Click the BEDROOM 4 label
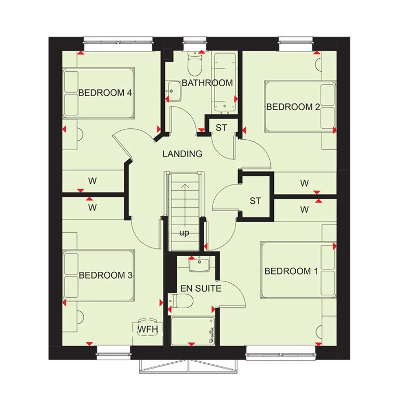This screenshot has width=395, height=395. pyautogui.click(x=104, y=93)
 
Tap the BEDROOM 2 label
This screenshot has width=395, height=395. pyautogui.click(x=293, y=107)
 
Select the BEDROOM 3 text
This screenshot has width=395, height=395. pyautogui.click(x=106, y=275)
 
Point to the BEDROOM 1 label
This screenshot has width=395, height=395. pyautogui.click(x=291, y=271)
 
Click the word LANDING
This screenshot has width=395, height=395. pyautogui.click(x=182, y=154)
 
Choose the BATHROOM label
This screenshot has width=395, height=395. pyautogui.click(x=207, y=83)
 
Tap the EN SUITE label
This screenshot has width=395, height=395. pyautogui.click(x=201, y=288)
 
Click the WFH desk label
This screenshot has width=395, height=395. pyautogui.click(x=147, y=329)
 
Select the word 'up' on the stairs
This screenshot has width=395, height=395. pyautogui.click(x=184, y=233)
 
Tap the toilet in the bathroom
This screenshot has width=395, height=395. pyautogui.click(x=195, y=65)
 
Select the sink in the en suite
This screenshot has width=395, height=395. pyautogui.click(x=199, y=266)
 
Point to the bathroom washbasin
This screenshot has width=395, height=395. pyautogui.click(x=173, y=92)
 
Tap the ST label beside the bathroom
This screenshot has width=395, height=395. pyautogui.click(x=221, y=128)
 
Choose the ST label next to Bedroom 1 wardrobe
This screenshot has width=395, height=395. pyautogui.click(x=255, y=201)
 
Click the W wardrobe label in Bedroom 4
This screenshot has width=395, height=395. pyautogui.click(x=93, y=181)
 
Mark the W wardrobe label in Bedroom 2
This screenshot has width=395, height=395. pyautogui.click(x=305, y=183)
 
